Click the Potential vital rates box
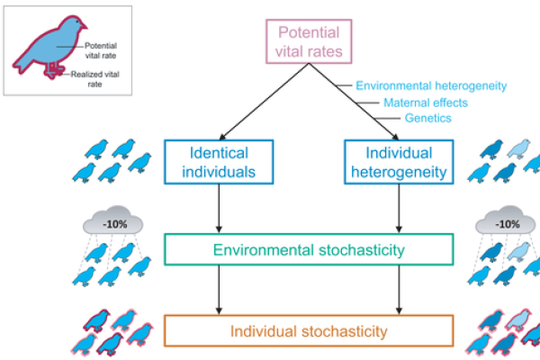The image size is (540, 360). [x=307, y=40]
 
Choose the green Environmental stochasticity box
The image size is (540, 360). [x=308, y=249]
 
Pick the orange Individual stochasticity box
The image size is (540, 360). [x=308, y=330]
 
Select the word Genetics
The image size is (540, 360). [x=427, y=118]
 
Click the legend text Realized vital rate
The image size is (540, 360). [x=100, y=78]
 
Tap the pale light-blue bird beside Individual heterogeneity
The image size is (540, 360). [x=517, y=148]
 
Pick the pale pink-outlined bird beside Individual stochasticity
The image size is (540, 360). [x=516, y=318]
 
